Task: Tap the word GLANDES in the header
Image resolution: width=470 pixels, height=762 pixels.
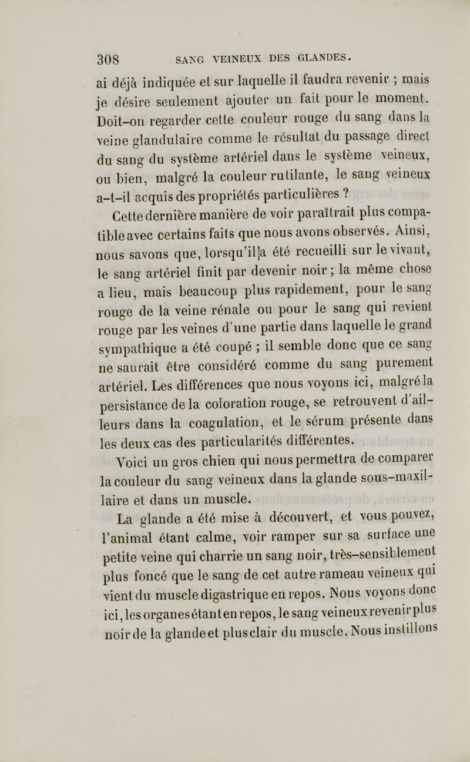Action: (320, 58)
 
